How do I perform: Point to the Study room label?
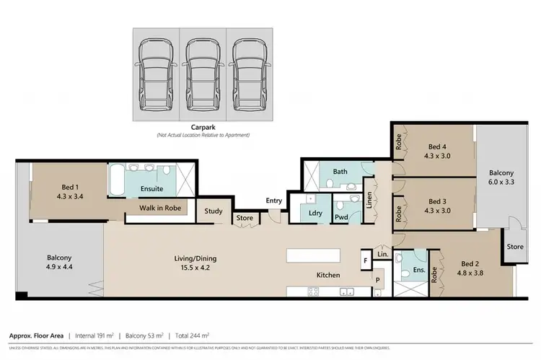[x=213, y=211]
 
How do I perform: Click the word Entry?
[x=273, y=201]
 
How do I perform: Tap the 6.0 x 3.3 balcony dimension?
[x=501, y=183]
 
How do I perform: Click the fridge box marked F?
[x=366, y=260]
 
